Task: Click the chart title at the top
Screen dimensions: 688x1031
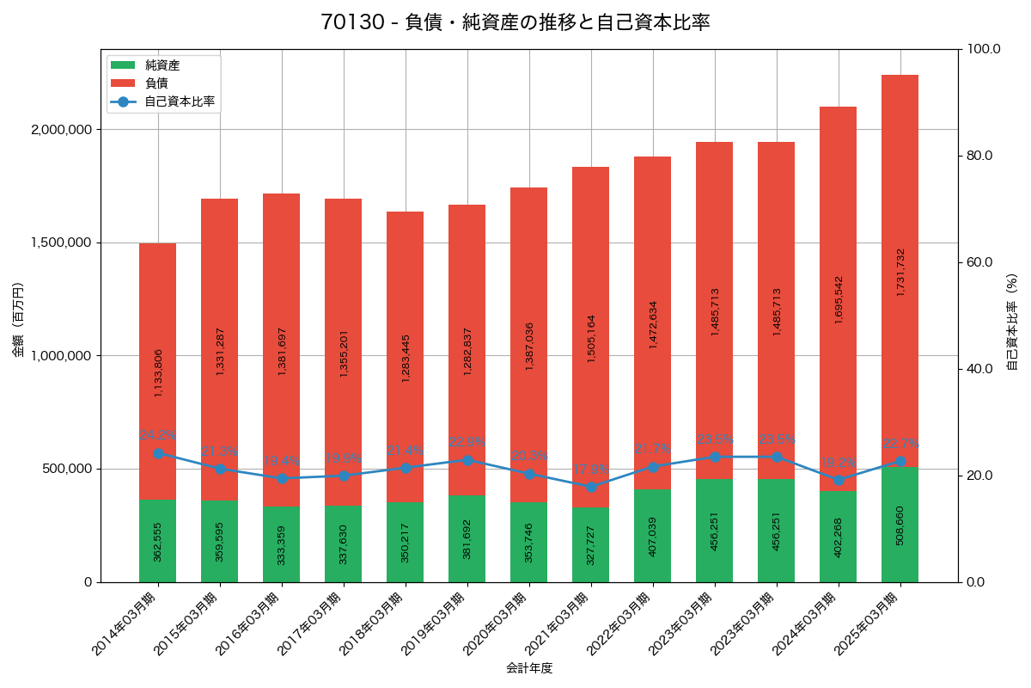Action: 515,22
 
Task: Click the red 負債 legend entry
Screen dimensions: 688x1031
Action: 156,83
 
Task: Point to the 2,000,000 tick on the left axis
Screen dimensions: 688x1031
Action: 62,130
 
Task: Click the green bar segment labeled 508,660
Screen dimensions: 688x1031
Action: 900,525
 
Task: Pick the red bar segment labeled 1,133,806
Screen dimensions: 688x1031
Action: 157,372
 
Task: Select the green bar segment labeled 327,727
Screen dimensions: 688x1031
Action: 590,544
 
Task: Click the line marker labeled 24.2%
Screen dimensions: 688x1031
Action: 158,453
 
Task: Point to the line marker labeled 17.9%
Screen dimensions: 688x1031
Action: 591,487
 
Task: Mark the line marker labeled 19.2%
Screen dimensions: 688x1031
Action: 839,480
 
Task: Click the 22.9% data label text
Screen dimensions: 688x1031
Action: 467,442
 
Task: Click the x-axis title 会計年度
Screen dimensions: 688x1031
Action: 529,667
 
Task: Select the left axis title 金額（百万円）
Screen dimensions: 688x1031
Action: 18,320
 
